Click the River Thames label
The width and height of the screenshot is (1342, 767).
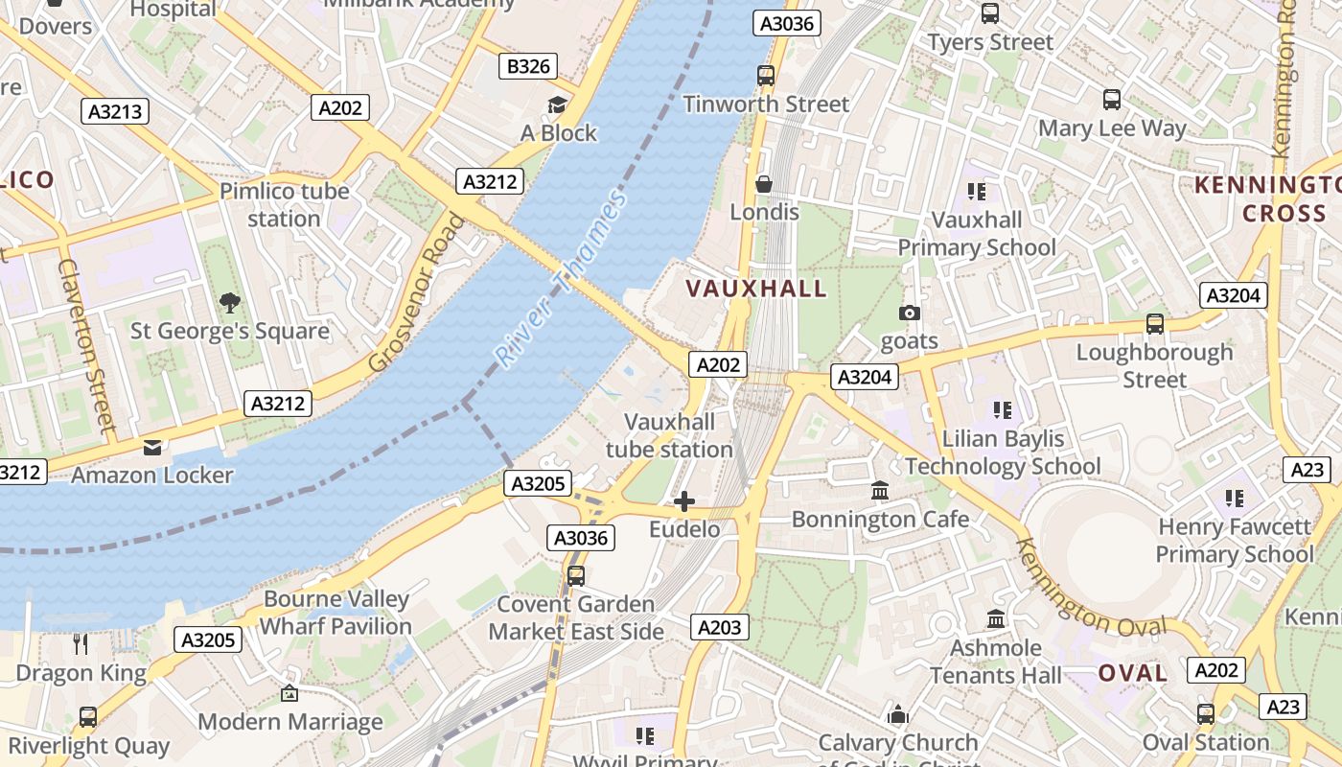(561, 279)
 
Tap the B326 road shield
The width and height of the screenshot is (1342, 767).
(528, 66)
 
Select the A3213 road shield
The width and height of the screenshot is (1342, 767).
(115, 111)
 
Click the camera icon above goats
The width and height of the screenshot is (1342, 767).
(909, 314)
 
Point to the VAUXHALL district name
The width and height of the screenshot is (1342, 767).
(756, 289)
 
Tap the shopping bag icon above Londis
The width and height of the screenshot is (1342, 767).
(764, 183)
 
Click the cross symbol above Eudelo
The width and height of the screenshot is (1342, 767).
(684, 501)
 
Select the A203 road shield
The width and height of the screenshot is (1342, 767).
(719, 627)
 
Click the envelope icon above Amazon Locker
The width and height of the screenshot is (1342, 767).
(152, 448)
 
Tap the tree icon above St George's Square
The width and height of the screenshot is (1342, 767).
(229, 303)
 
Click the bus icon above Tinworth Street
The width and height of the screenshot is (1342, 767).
(765, 76)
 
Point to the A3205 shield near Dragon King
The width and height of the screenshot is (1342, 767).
(208, 639)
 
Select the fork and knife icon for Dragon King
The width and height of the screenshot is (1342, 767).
(81, 644)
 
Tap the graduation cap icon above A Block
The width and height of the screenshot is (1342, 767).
(557, 105)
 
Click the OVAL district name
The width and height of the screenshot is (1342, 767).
(1133, 673)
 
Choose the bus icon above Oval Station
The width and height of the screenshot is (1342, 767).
(1206, 713)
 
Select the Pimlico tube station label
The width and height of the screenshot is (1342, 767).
(284, 204)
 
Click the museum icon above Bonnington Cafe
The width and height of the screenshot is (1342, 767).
(879, 491)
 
